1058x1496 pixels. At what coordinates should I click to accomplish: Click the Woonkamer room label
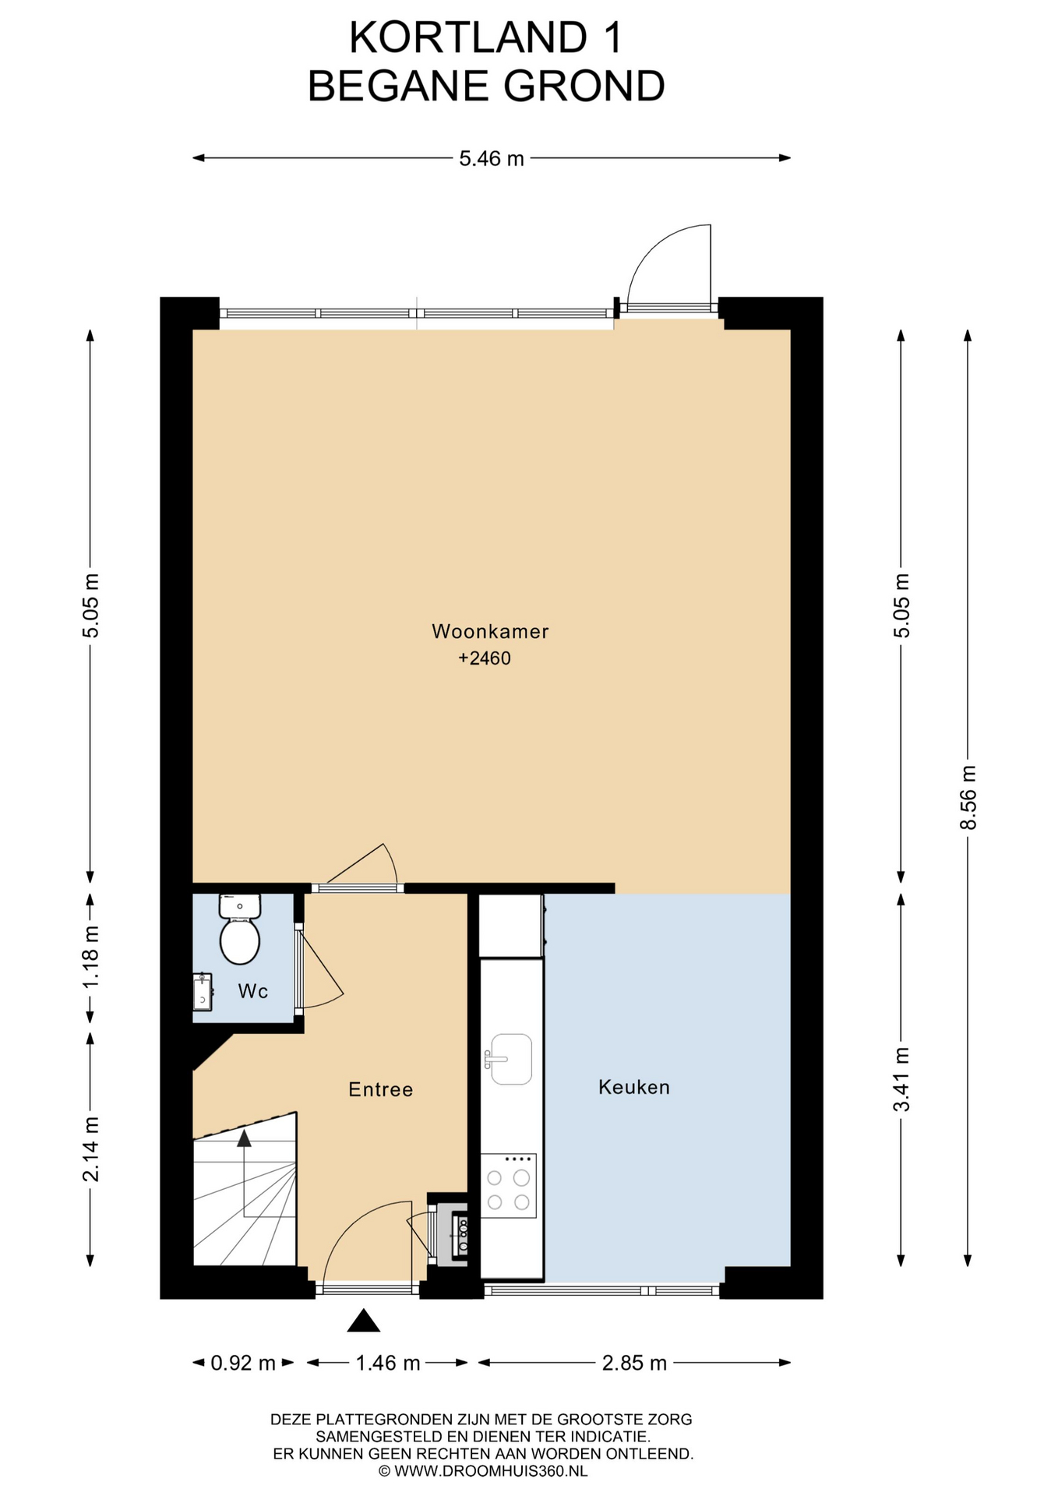pyautogui.click(x=490, y=631)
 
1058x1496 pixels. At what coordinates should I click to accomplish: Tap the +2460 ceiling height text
pyautogui.click(x=485, y=658)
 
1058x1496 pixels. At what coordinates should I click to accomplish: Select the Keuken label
pyautogui.click(x=634, y=1087)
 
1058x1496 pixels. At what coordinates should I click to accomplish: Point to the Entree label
pyautogui.click(x=380, y=1089)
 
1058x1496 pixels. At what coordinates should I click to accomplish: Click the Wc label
pyautogui.click(x=253, y=991)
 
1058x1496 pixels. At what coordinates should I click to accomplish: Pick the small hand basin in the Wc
pyautogui.click(x=203, y=992)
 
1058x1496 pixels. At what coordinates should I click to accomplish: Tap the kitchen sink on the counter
pyautogui.click(x=510, y=1059)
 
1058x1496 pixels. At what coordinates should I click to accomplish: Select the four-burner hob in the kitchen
pyautogui.click(x=508, y=1185)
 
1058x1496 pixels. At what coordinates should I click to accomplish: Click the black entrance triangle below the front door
pyautogui.click(x=363, y=1320)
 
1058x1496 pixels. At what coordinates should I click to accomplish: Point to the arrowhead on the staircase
pyautogui.click(x=245, y=1138)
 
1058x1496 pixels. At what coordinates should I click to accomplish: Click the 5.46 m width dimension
pyautogui.click(x=492, y=159)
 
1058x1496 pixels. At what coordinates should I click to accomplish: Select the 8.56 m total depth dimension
pyautogui.click(x=968, y=797)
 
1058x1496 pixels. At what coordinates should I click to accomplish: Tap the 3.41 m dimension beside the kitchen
pyautogui.click(x=901, y=1080)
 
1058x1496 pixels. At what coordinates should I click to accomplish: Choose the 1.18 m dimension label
pyautogui.click(x=91, y=956)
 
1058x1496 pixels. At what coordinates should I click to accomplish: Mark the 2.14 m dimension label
pyautogui.click(x=91, y=1148)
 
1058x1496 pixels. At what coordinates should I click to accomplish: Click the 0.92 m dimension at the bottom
pyautogui.click(x=243, y=1363)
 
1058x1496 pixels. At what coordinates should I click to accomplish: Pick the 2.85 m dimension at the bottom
pyautogui.click(x=634, y=1363)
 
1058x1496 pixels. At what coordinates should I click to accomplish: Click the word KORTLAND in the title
pyautogui.click(x=468, y=37)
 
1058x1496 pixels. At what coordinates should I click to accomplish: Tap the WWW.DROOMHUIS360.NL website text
pyautogui.click(x=491, y=1471)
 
